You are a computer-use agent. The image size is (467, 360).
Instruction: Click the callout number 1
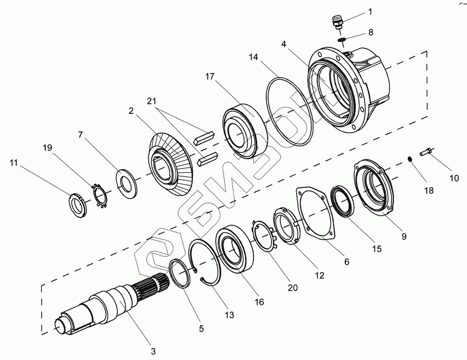(x=370, y=12)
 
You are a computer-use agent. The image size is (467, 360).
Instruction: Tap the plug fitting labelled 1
(x=337, y=23)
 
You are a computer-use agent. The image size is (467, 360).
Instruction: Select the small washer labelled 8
(x=341, y=40)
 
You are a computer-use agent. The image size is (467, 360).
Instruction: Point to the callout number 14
(x=253, y=57)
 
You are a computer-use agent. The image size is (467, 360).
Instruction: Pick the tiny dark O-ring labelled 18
(x=410, y=159)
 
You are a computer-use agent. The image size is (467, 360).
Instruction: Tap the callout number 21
(x=151, y=101)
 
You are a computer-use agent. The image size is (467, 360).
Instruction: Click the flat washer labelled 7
(x=127, y=183)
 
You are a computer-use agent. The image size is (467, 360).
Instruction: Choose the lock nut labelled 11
(x=78, y=204)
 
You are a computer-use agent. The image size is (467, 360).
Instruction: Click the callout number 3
(x=153, y=351)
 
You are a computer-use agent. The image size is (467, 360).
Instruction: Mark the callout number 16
(x=259, y=302)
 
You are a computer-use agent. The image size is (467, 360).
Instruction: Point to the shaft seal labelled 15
(x=343, y=201)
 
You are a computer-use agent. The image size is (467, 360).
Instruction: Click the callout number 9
(x=404, y=236)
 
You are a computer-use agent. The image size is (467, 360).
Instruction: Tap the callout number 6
(x=346, y=261)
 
